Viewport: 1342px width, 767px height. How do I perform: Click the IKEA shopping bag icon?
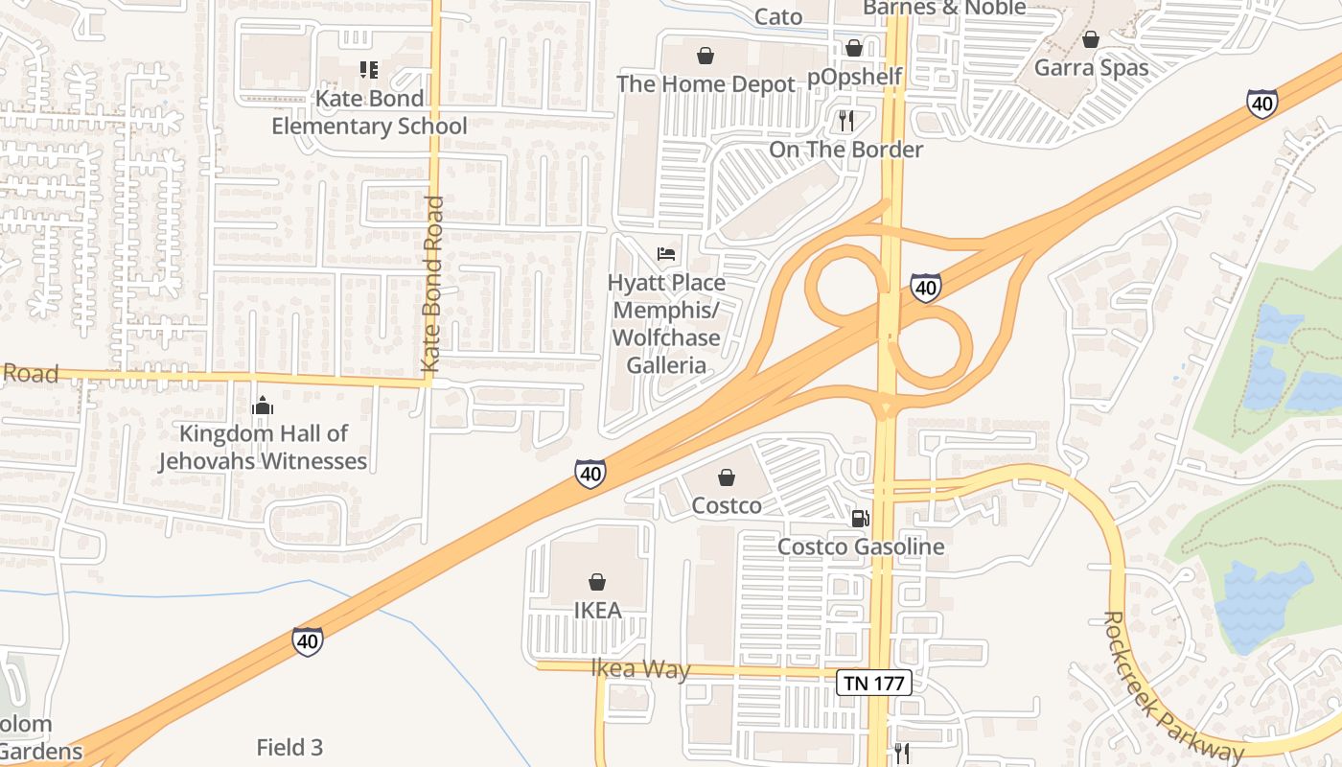click(597, 582)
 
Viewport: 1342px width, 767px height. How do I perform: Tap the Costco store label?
click(727, 505)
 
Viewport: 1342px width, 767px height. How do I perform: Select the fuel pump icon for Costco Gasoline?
click(861, 519)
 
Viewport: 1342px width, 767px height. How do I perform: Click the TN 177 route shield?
click(873, 683)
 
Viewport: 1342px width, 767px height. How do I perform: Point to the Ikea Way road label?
click(639, 668)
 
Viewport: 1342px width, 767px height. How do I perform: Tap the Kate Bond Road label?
click(432, 285)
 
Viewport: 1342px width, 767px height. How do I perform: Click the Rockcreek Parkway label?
click(1173, 686)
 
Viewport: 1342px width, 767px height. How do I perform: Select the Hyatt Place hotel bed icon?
click(666, 254)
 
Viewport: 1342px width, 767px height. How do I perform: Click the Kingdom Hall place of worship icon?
click(263, 407)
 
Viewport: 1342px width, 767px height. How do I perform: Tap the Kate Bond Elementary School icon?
click(369, 70)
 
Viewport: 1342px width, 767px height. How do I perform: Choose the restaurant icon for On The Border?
click(845, 121)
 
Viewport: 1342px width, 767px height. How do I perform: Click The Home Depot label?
click(706, 84)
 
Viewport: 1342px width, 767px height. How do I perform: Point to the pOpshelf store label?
click(855, 77)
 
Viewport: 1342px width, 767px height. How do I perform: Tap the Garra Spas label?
click(1091, 68)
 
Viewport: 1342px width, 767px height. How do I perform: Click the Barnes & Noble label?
click(944, 8)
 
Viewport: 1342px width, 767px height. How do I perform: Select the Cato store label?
click(778, 15)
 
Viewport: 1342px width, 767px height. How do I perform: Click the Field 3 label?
click(289, 747)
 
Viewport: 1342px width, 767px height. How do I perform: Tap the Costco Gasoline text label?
click(861, 546)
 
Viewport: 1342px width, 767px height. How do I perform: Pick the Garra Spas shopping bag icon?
click(1090, 40)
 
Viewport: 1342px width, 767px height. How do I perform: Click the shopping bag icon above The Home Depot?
click(706, 57)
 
